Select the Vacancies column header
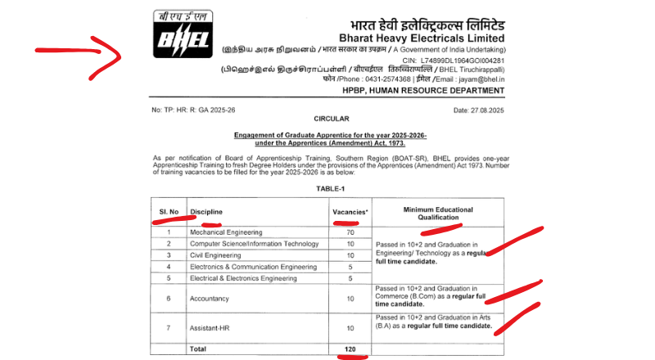(350, 212)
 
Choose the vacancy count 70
(350, 232)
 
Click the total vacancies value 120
(350, 349)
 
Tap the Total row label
(200, 349)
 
